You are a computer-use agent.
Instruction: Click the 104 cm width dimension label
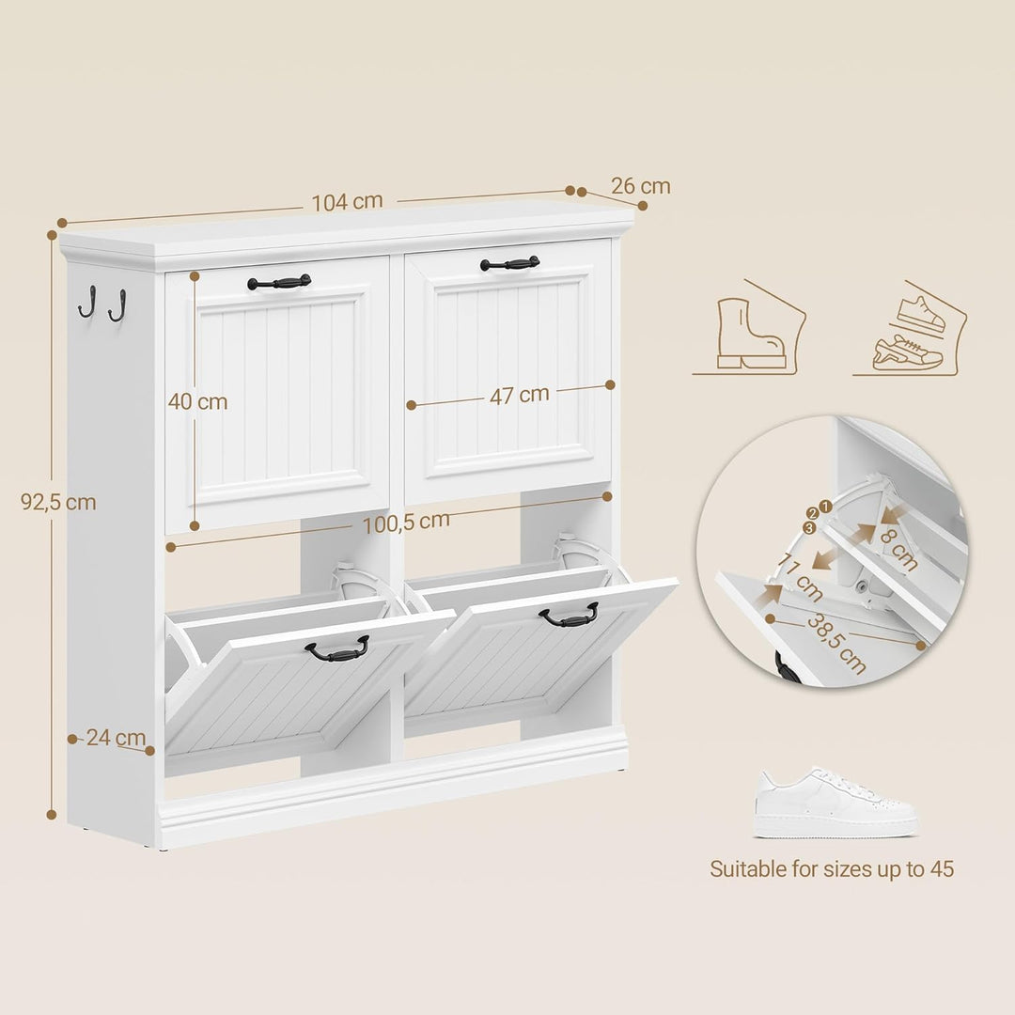pos(348,202)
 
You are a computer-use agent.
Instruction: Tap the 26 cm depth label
pos(640,186)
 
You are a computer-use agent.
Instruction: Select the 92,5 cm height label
pos(58,502)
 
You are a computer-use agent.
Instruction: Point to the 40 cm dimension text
pos(197,402)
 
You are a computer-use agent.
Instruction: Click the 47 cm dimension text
pos(519,395)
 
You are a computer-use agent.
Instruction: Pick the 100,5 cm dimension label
pos(406,523)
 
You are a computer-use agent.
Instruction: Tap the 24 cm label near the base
pos(116,738)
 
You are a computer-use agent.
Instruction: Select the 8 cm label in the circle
pos(898,550)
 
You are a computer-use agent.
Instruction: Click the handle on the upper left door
pos(279,282)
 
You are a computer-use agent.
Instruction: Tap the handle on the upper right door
pos(510,263)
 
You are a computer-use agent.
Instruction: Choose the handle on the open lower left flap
pos(337,649)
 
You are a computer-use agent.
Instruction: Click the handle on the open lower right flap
pos(569,615)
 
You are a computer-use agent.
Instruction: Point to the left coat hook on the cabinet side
pos(87,302)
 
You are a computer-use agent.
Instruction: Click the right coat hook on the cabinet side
pos(117,305)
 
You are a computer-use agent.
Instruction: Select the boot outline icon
pos(751,334)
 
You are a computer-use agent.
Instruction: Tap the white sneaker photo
pos(835,803)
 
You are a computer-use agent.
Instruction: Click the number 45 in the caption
pos(942,869)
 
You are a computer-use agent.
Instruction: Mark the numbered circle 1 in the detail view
pos(825,507)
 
